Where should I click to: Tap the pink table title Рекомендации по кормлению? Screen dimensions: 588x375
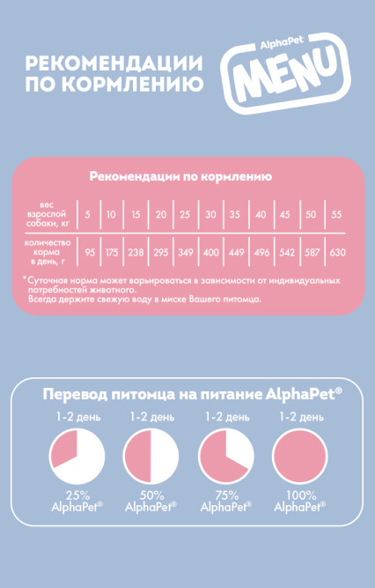[180, 176]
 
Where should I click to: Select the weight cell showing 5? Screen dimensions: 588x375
[88, 215]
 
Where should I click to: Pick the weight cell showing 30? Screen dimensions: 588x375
[210, 215]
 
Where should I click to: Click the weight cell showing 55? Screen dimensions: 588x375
[336, 215]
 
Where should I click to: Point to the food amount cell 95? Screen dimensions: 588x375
[89, 252]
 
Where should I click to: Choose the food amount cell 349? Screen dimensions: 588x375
[186, 252]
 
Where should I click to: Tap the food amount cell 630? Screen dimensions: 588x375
[337, 252]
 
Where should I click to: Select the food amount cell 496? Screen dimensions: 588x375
[261, 252]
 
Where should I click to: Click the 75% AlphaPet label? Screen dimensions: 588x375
[225, 501]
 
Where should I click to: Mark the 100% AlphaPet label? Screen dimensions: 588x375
[299, 501]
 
